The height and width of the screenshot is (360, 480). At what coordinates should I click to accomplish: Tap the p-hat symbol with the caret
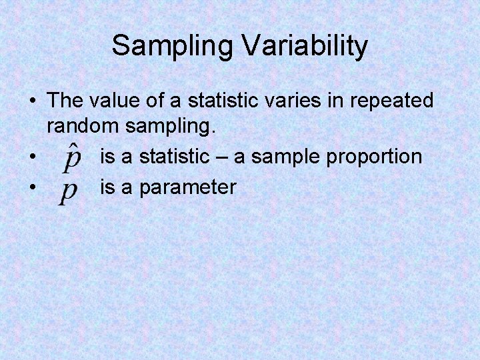click(72, 157)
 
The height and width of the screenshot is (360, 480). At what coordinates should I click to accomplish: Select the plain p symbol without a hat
click(68, 191)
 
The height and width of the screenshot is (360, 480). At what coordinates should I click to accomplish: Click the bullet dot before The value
click(33, 102)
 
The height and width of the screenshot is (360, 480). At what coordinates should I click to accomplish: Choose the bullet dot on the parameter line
click(33, 188)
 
